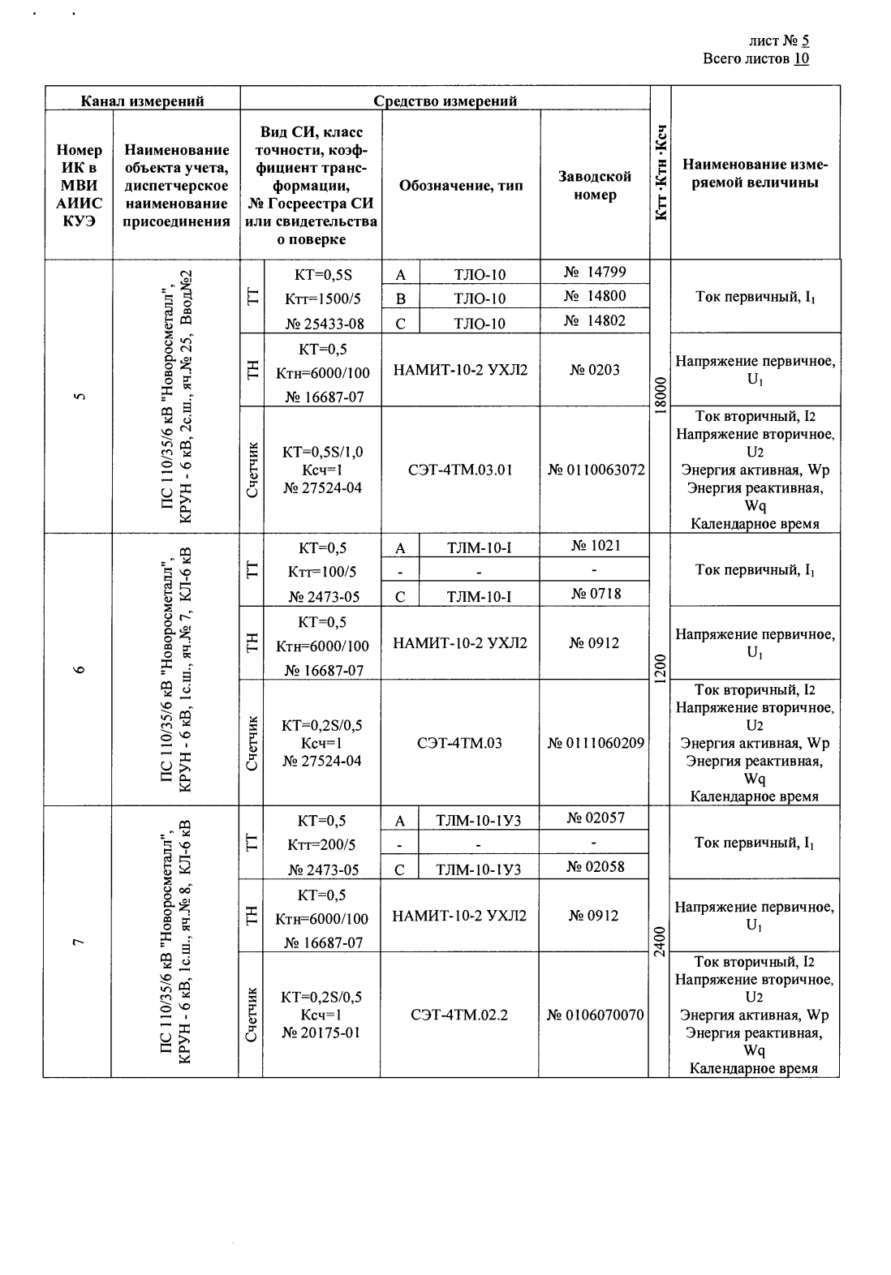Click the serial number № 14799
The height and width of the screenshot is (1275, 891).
click(595, 272)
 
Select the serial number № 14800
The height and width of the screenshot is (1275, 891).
click(595, 296)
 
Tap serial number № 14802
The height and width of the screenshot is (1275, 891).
click(595, 320)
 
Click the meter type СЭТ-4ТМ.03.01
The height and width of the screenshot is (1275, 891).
click(460, 470)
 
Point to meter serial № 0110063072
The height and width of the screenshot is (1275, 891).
click(596, 470)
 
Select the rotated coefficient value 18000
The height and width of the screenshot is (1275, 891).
click(660, 397)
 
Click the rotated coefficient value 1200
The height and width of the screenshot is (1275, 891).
click(660, 670)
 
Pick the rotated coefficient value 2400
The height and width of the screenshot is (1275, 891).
click(660, 942)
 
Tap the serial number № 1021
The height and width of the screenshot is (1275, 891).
click(595, 545)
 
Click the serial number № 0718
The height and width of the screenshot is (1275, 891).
click(595, 594)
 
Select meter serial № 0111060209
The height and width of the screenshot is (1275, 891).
click(596, 742)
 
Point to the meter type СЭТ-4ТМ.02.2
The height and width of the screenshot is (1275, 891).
click(459, 1015)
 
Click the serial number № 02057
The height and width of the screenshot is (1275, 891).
click(595, 818)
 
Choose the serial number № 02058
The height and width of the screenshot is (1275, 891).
click(595, 866)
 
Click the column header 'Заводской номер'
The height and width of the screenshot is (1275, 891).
click(595, 186)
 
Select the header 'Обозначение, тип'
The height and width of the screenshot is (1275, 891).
click(461, 186)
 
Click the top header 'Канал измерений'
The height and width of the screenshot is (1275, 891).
click(142, 101)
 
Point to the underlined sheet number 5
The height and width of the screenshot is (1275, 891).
click(805, 41)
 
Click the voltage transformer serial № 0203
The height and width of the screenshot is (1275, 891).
click(595, 370)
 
